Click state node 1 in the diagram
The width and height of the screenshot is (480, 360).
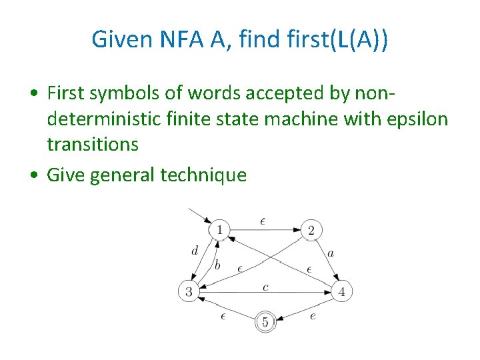coord(219,231)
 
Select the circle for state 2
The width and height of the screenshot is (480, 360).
coord(311,231)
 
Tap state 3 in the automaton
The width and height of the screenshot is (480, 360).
coord(189,291)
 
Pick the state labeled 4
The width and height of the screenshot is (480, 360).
coord(342,291)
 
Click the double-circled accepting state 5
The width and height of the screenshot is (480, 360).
coord(265,323)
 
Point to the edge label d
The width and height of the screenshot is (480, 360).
coord(194,251)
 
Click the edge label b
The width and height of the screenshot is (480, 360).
coord(217,265)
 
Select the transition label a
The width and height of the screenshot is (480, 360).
coord(331,253)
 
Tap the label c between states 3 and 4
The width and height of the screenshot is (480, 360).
coord(265,287)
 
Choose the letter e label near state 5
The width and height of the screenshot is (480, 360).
coord(313,315)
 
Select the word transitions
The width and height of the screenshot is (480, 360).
coord(93,144)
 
